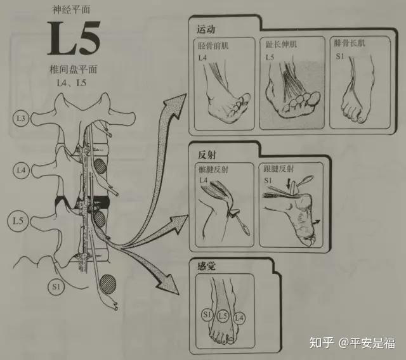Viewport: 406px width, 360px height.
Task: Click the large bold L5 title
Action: [x=74, y=38]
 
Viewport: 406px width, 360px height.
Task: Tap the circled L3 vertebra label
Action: [x=21, y=119]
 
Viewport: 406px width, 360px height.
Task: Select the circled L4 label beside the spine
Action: [x=21, y=170]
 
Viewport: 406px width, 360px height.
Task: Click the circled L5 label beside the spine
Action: [x=18, y=221]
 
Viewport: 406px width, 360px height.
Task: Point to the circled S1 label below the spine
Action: [x=56, y=287]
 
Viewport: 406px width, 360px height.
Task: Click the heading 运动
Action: [x=206, y=29]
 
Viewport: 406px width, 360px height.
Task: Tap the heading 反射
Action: [x=207, y=155]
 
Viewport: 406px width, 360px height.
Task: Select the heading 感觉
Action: [x=206, y=266]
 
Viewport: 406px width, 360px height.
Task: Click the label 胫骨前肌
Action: [x=213, y=46]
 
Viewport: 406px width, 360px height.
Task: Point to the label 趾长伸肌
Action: [x=281, y=44]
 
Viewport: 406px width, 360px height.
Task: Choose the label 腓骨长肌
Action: [x=350, y=43]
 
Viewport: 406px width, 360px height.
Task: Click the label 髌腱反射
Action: [x=213, y=170]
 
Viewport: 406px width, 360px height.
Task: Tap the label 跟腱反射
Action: [x=278, y=169]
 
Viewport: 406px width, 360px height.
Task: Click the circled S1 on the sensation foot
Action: [x=207, y=315]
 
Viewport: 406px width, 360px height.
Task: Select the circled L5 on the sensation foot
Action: [x=223, y=316]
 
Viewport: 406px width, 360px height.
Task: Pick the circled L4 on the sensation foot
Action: [x=239, y=318]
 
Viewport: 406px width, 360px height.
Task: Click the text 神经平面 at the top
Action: [x=72, y=10]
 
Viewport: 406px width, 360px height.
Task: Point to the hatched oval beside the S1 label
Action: [x=108, y=284]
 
